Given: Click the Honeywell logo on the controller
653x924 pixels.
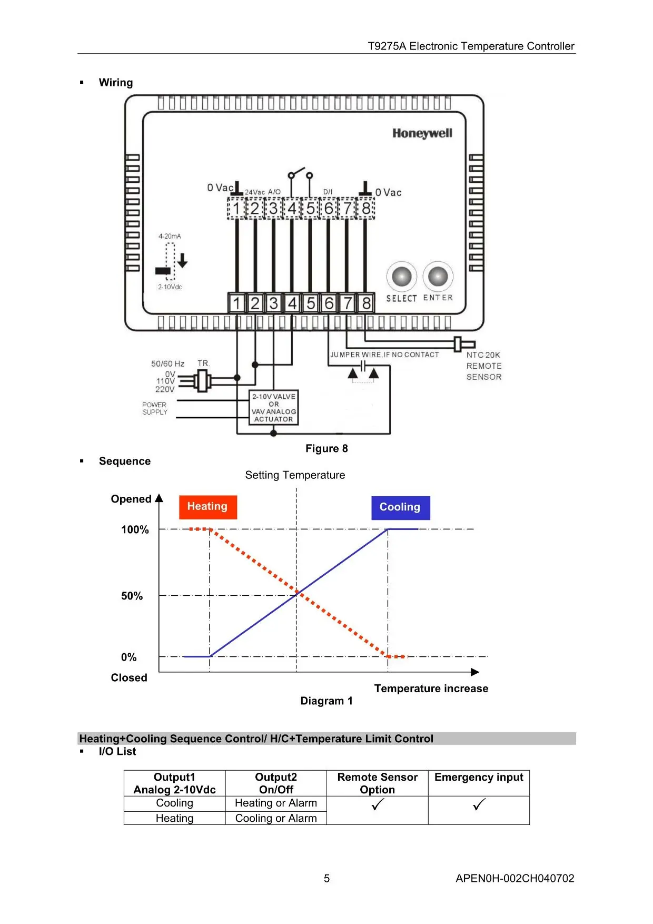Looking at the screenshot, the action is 422,133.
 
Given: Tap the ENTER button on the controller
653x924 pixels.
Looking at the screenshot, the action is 438,276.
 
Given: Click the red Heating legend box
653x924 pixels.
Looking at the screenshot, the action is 208,507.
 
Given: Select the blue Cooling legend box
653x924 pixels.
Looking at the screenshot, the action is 400,508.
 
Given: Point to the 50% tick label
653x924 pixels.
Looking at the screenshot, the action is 132,596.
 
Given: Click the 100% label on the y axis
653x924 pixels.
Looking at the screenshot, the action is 135,529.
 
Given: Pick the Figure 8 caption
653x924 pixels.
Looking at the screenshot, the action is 326,448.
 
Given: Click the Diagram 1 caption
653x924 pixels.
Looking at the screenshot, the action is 326,701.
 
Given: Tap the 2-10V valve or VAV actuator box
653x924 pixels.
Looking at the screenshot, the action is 274,407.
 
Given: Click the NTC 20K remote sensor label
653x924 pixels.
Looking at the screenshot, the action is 484,366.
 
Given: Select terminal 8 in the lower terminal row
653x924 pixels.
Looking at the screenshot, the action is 366,303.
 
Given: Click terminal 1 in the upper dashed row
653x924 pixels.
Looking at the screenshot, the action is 236,209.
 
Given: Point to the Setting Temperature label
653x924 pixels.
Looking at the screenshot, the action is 295,475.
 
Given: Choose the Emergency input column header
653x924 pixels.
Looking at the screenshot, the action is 479,777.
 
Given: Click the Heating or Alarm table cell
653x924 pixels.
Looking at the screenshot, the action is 276,803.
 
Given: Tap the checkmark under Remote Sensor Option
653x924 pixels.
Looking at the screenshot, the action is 378,804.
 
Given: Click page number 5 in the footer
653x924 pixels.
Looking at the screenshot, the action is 326,878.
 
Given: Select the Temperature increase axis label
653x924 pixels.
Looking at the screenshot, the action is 431,689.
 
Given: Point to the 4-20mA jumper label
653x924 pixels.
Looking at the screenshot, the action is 170,236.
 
